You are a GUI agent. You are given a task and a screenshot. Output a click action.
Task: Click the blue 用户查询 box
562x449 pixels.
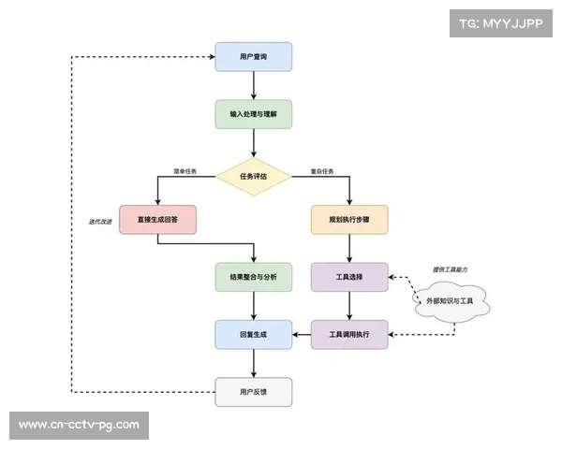tap(254, 57)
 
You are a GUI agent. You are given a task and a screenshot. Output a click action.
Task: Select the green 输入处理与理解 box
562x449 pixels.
tap(254, 113)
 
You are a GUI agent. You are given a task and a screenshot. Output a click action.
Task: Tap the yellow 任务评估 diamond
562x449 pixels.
tap(254, 174)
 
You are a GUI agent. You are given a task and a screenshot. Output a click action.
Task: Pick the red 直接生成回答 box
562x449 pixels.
tap(157, 219)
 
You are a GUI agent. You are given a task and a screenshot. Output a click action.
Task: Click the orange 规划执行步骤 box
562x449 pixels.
tap(349, 219)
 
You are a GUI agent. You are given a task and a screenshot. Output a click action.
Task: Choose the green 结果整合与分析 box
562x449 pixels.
tap(254, 277)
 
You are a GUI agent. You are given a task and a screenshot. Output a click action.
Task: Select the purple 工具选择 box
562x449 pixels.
tap(349, 277)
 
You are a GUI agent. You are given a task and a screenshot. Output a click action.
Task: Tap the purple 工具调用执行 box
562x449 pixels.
tap(349, 334)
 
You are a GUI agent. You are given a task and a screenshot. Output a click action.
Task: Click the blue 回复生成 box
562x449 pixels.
tap(254, 334)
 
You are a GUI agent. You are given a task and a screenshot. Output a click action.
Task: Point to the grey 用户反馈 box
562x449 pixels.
tap(254, 391)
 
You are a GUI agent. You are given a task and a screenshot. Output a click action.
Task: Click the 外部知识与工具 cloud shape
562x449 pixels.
tap(451, 300)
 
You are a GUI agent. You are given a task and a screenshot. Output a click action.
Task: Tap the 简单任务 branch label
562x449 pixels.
tap(185, 171)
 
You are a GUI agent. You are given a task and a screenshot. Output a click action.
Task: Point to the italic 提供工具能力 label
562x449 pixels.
tap(450, 269)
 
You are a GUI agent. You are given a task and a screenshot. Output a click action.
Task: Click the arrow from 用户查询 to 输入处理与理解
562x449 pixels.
tap(254, 85)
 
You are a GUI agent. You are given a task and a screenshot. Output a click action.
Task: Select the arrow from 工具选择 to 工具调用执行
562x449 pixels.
tap(349, 305)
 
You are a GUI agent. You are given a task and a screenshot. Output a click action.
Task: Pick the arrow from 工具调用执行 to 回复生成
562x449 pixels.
tap(302, 334)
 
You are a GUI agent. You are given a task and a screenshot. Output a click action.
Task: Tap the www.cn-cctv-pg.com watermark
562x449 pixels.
tap(79, 425)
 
